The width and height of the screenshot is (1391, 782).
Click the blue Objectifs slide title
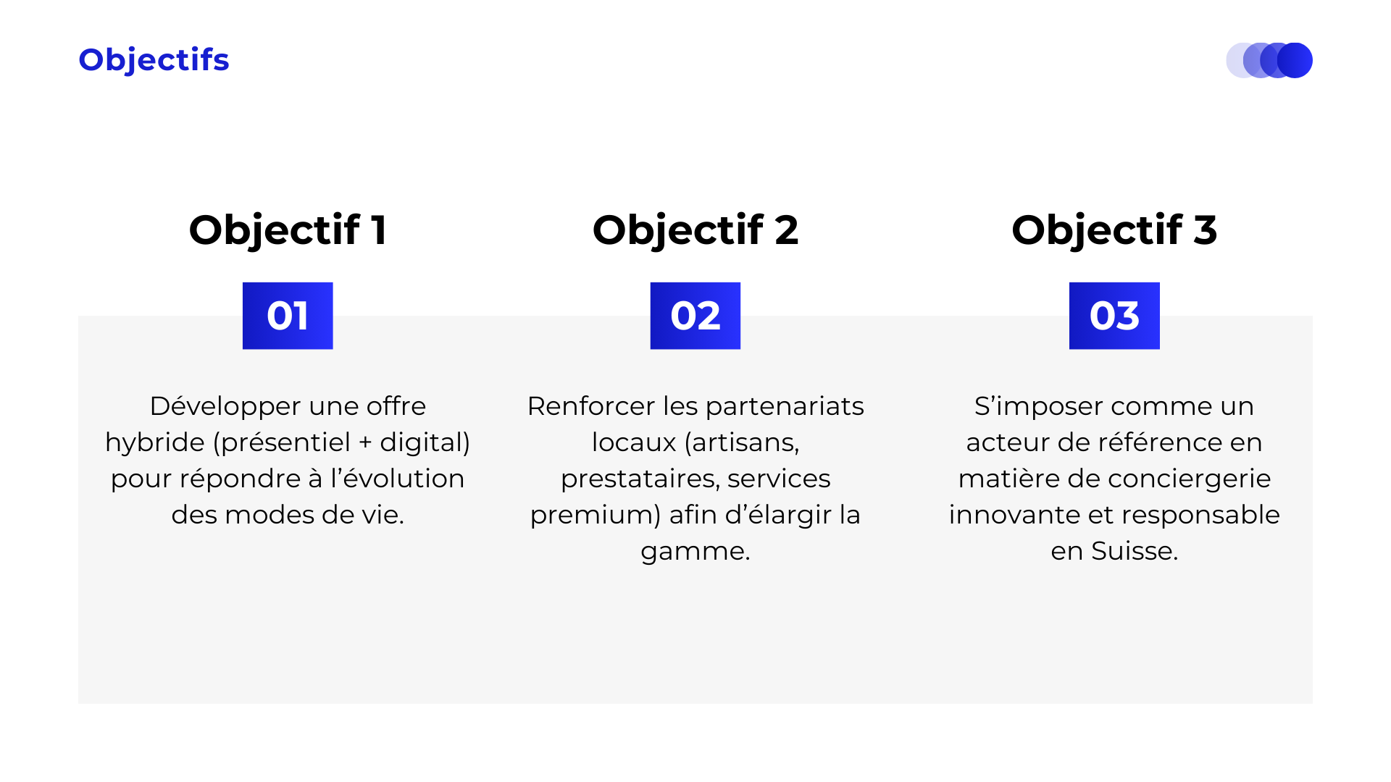tap(154, 60)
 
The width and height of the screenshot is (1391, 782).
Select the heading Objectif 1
tap(288, 231)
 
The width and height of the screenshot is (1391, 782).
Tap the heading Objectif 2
tap(695, 231)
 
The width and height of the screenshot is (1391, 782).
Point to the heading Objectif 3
tap(1114, 231)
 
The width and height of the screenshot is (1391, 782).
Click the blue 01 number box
tap(288, 316)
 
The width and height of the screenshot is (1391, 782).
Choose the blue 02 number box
tap(695, 316)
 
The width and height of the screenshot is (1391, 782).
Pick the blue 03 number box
tap(1114, 316)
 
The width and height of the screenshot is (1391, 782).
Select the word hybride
tap(155, 442)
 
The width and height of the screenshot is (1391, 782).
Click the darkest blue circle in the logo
tap(1295, 60)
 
